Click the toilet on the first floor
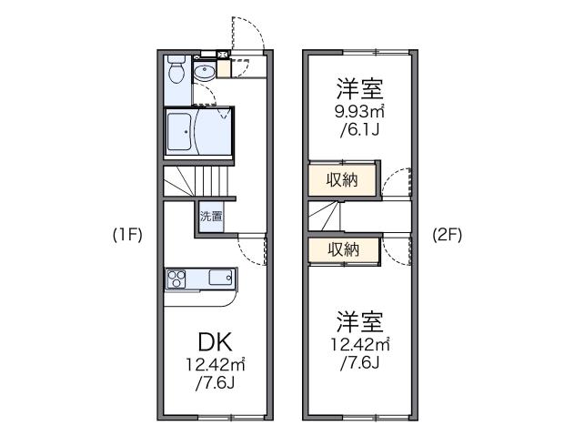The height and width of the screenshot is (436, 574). click(x=177, y=70)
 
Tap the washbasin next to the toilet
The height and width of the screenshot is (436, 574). click(x=204, y=71)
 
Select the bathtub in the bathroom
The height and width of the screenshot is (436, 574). click(x=183, y=132)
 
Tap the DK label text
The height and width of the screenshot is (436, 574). click(x=216, y=342)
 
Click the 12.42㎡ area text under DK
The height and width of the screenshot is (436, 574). click(x=216, y=366)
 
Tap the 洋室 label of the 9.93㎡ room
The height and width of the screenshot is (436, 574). click(x=359, y=89)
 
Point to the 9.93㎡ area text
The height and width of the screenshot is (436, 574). click(x=359, y=113)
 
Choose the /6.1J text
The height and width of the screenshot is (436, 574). click(x=359, y=131)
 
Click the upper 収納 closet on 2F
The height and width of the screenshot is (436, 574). click(x=342, y=179)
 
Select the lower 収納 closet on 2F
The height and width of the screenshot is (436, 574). click(x=342, y=248)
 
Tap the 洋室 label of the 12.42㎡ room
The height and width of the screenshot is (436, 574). click(x=359, y=320)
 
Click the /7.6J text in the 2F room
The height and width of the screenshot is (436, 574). click(x=359, y=364)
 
